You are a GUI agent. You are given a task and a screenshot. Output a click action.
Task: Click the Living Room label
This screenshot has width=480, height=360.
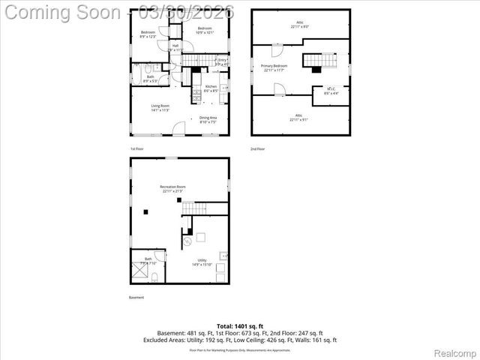[160, 107]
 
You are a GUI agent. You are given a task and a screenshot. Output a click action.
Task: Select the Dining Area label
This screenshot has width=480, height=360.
[208, 118]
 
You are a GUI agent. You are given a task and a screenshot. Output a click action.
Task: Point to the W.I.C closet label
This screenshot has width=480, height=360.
[331, 91]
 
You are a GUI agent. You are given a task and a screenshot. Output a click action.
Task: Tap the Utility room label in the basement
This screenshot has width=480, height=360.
[202, 262]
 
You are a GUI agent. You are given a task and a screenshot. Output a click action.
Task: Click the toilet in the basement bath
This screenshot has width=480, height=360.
[151, 279]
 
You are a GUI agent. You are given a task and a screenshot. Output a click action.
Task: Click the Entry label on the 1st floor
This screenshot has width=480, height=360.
[222, 61]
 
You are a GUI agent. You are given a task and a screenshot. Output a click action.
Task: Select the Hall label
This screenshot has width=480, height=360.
[175, 47]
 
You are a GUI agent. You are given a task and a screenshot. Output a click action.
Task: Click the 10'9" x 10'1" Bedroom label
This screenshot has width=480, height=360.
[205, 31]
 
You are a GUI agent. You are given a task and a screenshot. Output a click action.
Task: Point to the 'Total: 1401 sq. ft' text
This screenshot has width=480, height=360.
[240, 326]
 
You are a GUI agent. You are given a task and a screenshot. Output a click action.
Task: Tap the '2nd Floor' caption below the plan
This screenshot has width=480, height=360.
[257, 149]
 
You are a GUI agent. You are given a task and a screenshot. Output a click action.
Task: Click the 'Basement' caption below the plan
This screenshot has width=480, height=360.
[137, 298]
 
